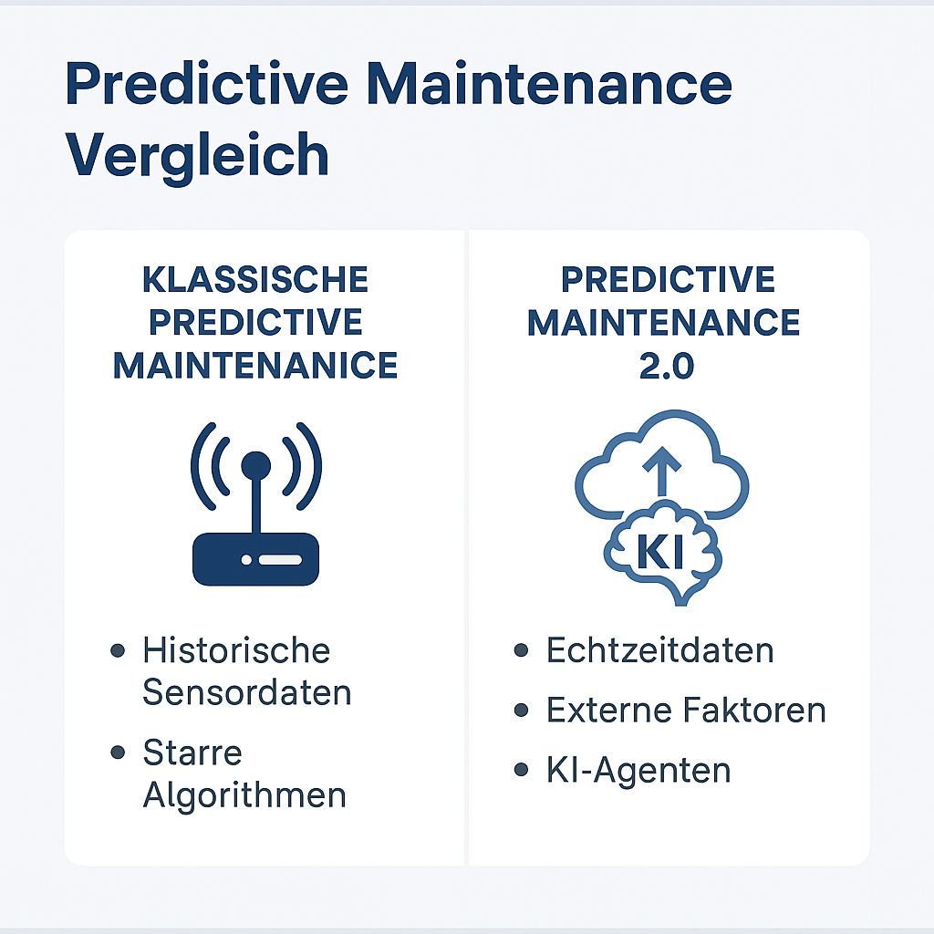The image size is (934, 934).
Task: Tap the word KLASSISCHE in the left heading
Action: point(255,280)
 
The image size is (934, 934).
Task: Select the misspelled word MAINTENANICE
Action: point(255,366)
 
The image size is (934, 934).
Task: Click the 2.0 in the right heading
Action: point(664,366)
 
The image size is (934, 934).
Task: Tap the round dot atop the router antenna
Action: point(255,465)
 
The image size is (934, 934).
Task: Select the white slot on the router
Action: point(280,558)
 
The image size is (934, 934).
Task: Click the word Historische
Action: point(236,651)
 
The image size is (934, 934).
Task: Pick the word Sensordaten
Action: point(247,693)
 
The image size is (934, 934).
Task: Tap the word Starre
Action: point(192,753)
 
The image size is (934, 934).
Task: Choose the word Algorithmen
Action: point(244,795)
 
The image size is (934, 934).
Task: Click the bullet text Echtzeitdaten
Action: point(659,651)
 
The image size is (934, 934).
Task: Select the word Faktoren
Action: point(764,711)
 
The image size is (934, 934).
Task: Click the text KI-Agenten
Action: point(638,771)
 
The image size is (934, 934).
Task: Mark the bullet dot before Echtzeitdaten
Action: point(522,651)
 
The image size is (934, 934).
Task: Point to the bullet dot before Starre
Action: point(117,753)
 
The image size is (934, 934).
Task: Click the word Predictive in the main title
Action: point(207,85)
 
